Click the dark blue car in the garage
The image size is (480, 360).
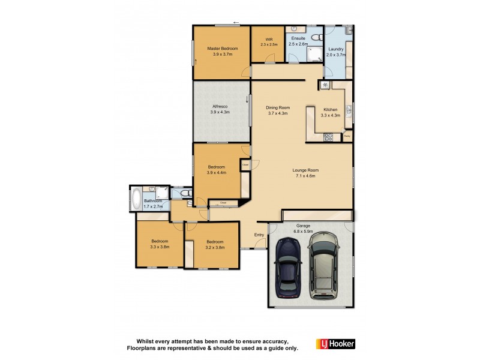coord(288,269)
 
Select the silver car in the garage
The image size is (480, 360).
coord(323,266)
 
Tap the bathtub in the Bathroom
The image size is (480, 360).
coord(136,199)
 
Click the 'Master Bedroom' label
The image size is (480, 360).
coord(223,49)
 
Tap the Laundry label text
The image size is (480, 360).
coord(335,49)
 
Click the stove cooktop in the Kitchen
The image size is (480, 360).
coord(328,137)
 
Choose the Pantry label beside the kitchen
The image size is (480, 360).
coord(347,136)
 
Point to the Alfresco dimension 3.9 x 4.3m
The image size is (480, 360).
coord(220,112)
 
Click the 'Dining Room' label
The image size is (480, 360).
coord(278,107)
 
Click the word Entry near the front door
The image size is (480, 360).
coord(259,235)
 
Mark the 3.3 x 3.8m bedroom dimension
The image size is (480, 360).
coord(160,247)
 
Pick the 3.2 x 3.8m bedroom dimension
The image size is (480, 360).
coord(214,247)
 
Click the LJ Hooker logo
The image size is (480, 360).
coord(335,344)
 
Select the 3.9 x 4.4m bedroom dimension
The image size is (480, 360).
coord(217,172)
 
